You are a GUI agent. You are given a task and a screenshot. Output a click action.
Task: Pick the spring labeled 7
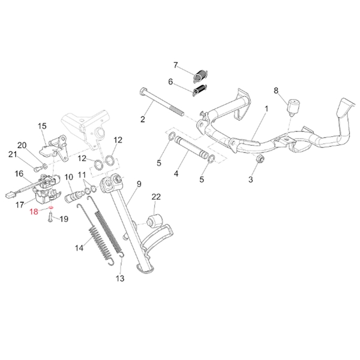(x=200, y=75)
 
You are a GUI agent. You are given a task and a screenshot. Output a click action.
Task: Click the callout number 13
(x=119, y=278)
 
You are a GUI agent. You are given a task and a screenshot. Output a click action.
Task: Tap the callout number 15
(x=42, y=126)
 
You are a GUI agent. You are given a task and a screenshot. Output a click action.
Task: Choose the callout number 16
(x=19, y=173)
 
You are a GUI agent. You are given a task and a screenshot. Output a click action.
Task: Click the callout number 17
(x=19, y=203)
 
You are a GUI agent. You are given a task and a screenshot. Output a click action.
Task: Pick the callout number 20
(x=22, y=145)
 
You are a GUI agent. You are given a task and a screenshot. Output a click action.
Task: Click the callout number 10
(x=68, y=178)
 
